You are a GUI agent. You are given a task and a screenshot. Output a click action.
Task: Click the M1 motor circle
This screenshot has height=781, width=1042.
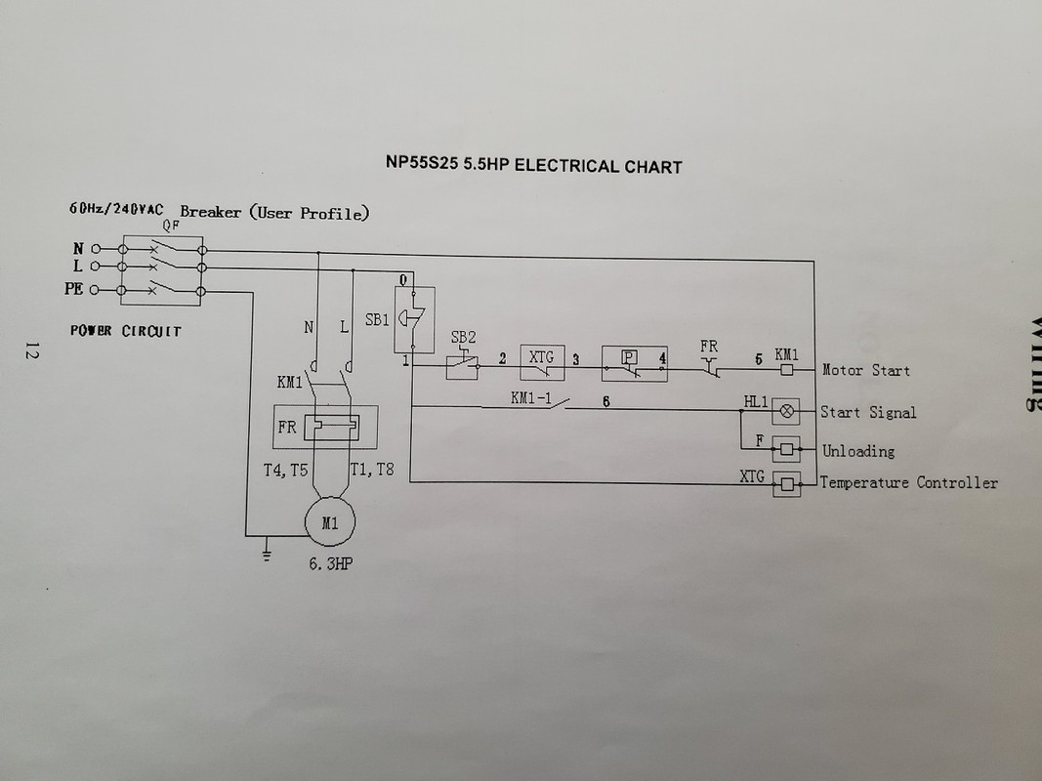(330, 522)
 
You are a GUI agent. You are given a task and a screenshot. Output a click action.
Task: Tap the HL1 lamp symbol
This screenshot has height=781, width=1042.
(786, 411)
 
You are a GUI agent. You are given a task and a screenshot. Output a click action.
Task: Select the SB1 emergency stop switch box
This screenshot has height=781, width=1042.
(415, 319)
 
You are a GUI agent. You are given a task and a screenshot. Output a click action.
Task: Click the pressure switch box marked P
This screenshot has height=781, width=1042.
(635, 363)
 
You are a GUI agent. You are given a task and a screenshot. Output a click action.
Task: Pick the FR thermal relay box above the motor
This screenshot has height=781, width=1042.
(325, 427)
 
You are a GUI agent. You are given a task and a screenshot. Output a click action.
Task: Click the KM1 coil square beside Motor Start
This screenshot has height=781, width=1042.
(787, 369)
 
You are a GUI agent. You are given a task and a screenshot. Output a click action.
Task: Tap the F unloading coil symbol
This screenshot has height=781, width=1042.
(787, 450)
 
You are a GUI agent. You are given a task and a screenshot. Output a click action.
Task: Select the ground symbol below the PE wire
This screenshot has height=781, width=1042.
(267, 554)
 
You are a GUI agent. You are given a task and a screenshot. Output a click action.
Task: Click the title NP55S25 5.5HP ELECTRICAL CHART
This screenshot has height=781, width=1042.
(533, 165)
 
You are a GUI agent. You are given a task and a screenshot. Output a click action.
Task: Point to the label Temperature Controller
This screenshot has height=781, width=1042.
(908, 483)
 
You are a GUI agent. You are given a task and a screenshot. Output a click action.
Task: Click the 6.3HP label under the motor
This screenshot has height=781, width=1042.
(330, 564)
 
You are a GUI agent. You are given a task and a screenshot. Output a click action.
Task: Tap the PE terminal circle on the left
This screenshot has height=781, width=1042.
(94, 290)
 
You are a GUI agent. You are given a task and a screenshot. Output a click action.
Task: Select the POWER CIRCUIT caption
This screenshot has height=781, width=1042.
(126, 331)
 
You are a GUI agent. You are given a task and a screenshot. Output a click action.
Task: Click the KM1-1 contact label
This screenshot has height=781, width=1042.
(531, 397)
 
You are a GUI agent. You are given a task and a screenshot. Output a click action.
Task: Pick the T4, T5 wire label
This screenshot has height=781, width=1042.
(285, 471)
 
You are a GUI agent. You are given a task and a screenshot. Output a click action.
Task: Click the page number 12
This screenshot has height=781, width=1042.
(31, 350)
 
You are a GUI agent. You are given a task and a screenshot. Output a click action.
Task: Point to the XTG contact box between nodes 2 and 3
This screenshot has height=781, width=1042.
(542, 362)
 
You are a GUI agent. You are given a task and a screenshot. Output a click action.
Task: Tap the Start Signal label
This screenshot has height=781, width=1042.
(868, 412)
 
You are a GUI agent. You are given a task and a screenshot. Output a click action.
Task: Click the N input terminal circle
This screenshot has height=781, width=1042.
(96, 249)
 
